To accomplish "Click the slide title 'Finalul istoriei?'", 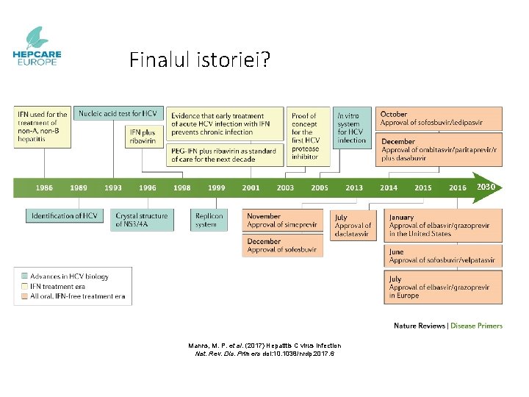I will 199,60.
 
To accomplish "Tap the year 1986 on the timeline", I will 45,187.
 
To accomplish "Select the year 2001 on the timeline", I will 251,187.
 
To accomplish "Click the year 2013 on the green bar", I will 354,187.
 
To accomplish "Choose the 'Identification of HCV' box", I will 65,216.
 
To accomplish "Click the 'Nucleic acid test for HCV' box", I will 118,114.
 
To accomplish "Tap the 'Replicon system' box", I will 209,221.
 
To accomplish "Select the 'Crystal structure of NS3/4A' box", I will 142,220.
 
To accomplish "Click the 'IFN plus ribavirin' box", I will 143,136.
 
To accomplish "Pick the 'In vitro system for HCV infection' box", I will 351,128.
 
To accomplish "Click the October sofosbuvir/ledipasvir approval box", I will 439,118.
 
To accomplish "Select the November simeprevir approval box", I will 282,221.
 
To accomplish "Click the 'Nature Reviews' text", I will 420,326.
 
